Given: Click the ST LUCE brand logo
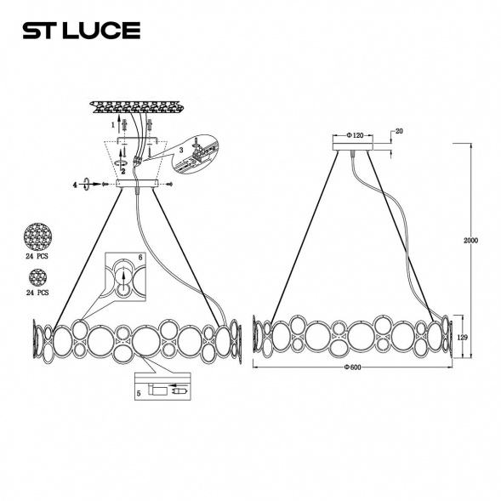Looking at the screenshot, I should [x=81, y=31].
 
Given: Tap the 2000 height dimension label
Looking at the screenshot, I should [x=470, y=241].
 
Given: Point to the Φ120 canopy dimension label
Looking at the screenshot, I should [x=356, y=135].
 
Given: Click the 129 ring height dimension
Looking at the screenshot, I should [x=464, y=338].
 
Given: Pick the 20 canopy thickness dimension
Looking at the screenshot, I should [x=399, y=132].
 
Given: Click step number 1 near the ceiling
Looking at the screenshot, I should [x=112, y=125].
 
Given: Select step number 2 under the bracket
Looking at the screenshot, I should [x=123, y=171].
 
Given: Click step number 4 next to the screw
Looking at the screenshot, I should [x=75, y=184].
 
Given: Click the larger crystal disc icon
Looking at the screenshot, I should [x=37, y=233].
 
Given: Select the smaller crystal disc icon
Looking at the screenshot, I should [x=37, y=276].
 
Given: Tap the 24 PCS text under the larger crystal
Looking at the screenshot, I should [x=37, y=254].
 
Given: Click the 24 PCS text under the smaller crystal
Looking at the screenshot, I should [x=37, y=292].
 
